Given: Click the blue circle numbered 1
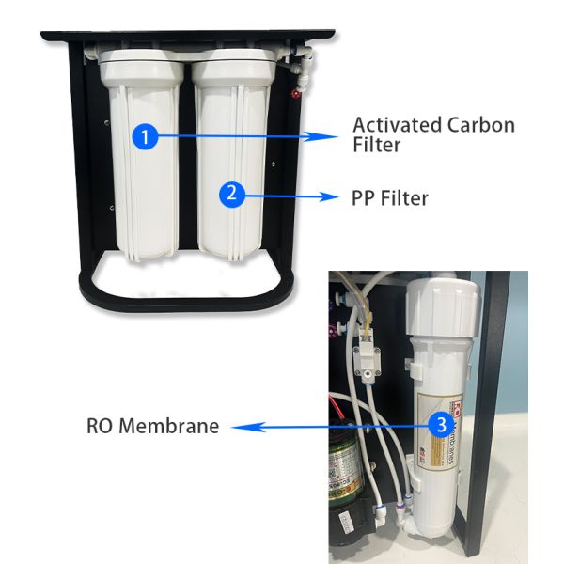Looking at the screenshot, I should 144,137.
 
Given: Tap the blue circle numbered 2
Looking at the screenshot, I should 233,195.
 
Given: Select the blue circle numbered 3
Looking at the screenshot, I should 439,424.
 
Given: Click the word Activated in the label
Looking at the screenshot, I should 395,124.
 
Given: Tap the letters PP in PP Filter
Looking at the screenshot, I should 365,198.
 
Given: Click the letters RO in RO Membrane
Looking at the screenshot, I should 99,426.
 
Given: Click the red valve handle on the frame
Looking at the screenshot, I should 295,93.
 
